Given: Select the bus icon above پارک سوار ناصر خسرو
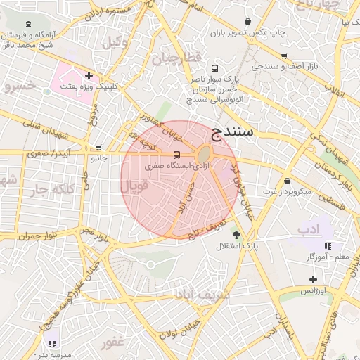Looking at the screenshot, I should coord(214,69).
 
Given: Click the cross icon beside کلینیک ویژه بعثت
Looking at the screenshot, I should coord(89,75).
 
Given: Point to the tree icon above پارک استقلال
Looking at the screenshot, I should coord(236,236).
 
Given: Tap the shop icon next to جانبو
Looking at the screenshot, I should coord(98,148).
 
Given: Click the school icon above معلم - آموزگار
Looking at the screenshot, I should coord(328,246).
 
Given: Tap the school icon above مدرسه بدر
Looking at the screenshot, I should coord(52,343).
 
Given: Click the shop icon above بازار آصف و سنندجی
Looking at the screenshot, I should coord(283,56).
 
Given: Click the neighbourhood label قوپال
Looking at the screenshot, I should coord(134,188).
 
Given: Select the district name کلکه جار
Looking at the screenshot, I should coord(53,189).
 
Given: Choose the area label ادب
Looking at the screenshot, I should coord(308,230).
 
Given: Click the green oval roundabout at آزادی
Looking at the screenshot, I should coord(204,154).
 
